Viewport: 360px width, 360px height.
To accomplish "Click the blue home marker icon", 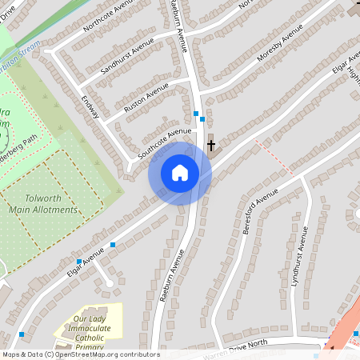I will click(x=180, y=172).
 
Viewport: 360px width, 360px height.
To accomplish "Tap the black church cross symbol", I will click(x=211, y=146).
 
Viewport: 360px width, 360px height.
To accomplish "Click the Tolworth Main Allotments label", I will click(x=44, y=204).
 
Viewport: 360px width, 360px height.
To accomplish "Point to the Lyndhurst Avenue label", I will click(x=300, y=255).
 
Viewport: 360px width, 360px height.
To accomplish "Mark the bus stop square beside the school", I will click(x=21, y=334).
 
